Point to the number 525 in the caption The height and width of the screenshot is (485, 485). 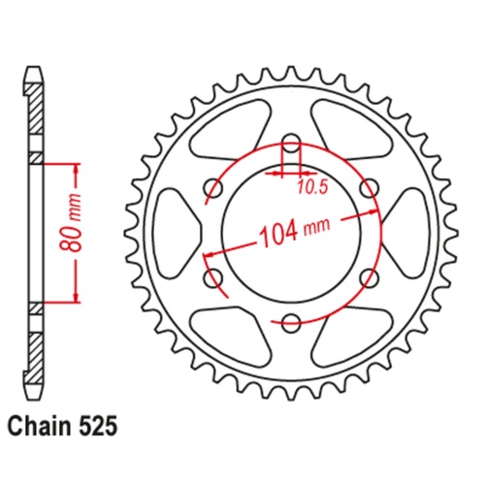(x=102, y=425)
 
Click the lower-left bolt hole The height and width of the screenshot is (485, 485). (x=213, y=277)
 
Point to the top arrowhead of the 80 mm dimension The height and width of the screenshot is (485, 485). (x=74, y=162)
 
